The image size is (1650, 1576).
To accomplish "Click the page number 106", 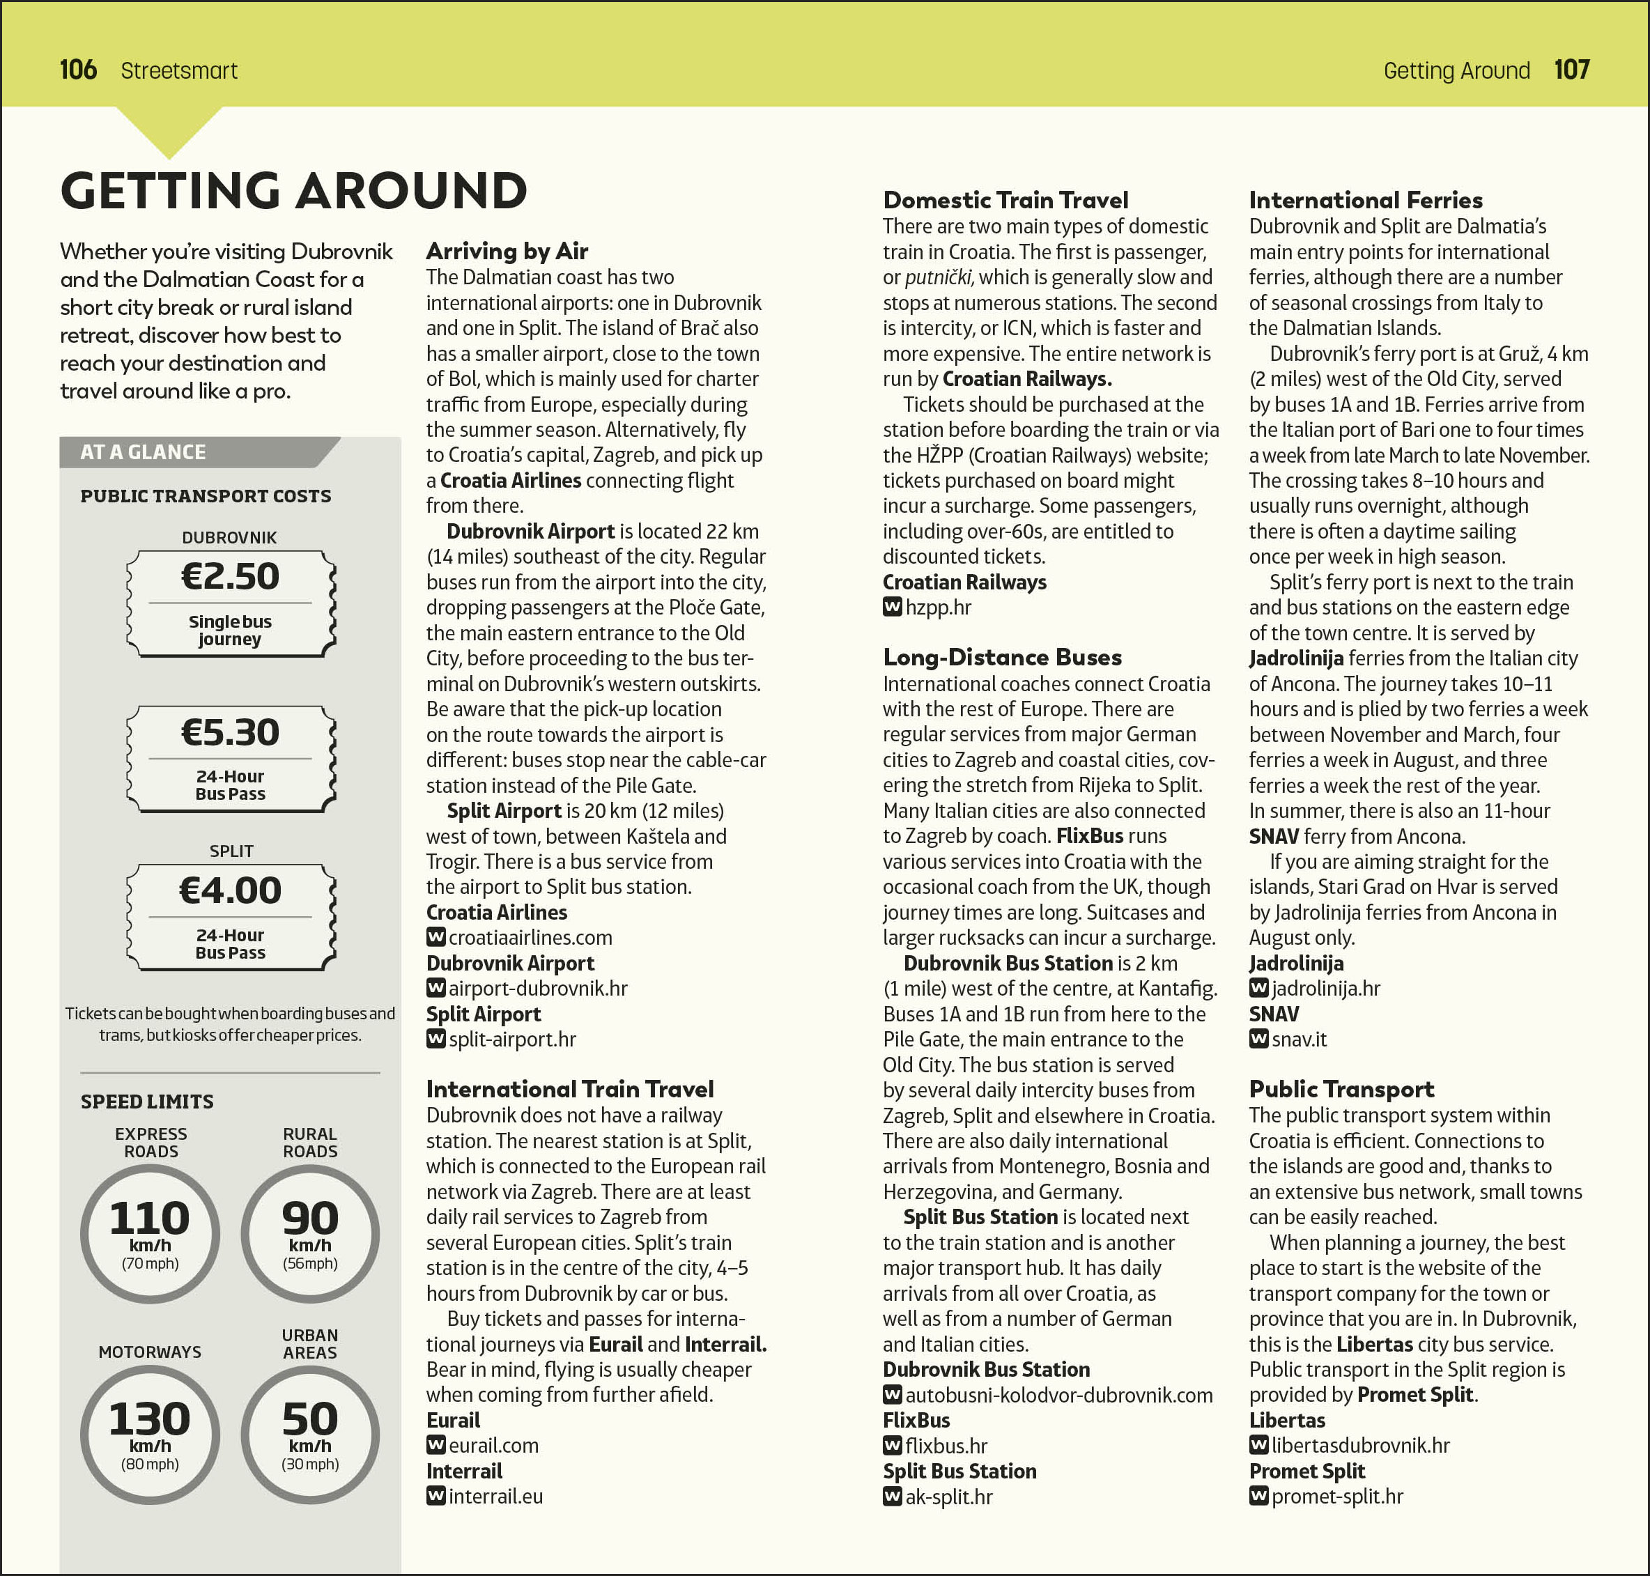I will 78,70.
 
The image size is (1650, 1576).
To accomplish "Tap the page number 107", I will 1571,70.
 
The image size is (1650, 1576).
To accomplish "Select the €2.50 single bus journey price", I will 230,577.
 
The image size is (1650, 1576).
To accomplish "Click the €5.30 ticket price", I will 230,732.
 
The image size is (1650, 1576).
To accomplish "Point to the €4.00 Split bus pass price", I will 230,890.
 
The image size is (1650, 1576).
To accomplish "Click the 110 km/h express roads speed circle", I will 151,1234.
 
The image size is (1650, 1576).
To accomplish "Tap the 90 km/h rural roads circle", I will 310,1234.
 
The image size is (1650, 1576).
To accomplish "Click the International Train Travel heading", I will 569,1089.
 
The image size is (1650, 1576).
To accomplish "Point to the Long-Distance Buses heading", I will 1001,657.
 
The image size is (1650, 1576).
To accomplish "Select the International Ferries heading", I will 1365,200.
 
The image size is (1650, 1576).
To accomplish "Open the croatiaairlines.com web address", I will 530,938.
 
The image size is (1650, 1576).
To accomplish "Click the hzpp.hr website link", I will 938,608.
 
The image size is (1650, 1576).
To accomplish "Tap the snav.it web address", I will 1299,1040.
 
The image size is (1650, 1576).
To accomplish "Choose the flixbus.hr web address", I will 946,1446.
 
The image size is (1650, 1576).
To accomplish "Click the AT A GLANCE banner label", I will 143,452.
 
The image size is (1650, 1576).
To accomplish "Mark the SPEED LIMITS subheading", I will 147,1102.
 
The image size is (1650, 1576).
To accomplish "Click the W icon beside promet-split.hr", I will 1258,1496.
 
